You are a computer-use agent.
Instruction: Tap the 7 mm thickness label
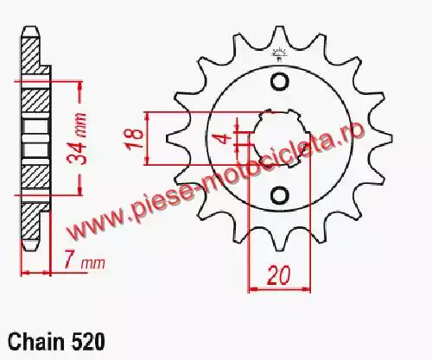point(84,262)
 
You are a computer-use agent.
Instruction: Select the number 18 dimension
point(135,138)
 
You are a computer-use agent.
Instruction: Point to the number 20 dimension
point(278,276)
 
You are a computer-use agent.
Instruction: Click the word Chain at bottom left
point(36,343)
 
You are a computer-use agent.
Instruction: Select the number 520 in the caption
point(87,343)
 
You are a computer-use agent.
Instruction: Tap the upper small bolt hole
point(279,82)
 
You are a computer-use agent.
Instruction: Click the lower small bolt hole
point(279,195)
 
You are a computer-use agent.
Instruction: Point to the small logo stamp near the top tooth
point(279,54)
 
